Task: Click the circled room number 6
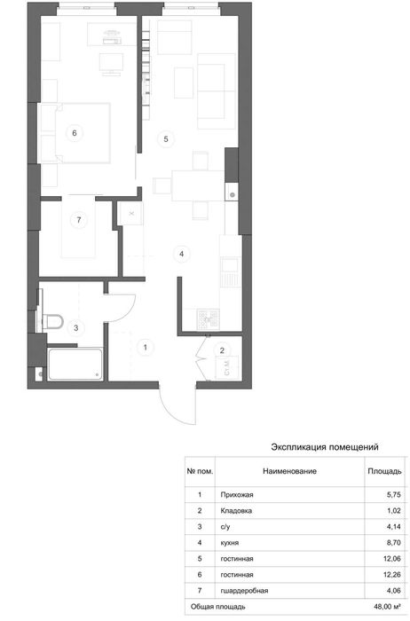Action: (75, 133)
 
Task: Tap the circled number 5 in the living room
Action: (166, 139)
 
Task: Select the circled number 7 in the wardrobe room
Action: (79, 220)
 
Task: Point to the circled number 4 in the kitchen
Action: (181, 254)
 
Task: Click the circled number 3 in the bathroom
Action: (76, 328)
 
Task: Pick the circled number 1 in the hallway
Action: (146, 348)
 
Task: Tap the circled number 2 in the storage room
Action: (222, 350)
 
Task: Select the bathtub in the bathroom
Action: (75, 364)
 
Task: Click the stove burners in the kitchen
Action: (209, 319)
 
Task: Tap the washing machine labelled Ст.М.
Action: (227, 368)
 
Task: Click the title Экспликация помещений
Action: (325, 447)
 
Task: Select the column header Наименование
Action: (289, 471)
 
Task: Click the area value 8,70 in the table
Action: (394, 543)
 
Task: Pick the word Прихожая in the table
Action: (237, 495)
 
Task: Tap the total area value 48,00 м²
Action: (385, 606)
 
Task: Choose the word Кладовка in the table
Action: (236, 511)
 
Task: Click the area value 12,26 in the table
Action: (392, 575)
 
